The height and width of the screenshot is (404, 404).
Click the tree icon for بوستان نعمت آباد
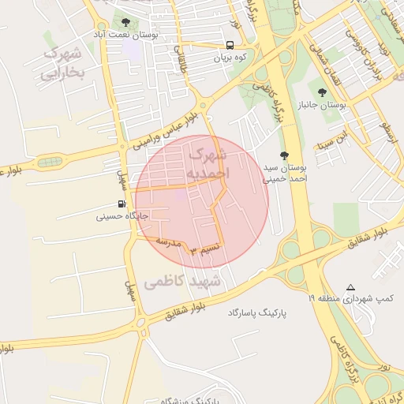click(x=125, y=22)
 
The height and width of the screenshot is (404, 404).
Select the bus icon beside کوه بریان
click(x=230, y=45)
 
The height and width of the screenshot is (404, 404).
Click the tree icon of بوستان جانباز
click(x=321, y=92)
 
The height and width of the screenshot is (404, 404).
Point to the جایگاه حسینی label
click(x=122, y=215)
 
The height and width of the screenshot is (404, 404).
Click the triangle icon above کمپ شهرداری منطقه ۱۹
click(x=351, y=287)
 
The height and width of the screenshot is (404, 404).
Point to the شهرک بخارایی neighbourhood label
click(x=62, y=65)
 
